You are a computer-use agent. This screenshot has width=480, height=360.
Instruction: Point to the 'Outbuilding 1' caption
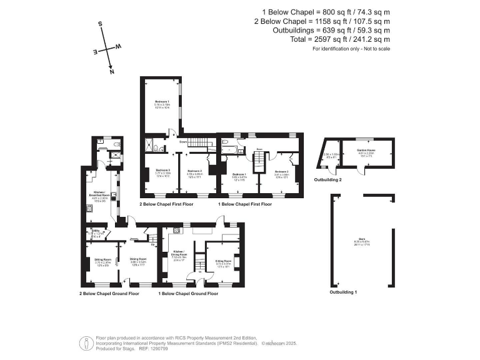(343, 292)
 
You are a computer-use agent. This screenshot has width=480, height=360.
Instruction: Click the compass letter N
(112, 72)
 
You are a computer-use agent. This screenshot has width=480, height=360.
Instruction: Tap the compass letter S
(100, 24)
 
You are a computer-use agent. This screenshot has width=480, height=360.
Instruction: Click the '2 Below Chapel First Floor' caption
(166, 204)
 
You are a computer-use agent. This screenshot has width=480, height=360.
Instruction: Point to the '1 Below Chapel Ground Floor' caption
(188, 292)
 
